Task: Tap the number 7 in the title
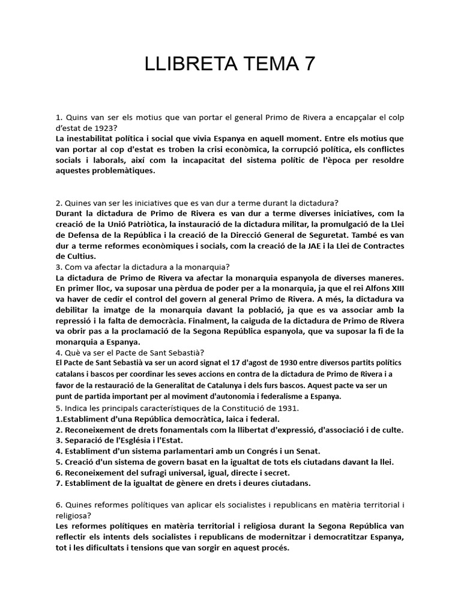click(x=309, y=64)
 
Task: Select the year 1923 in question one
click(x=104, y=128)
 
